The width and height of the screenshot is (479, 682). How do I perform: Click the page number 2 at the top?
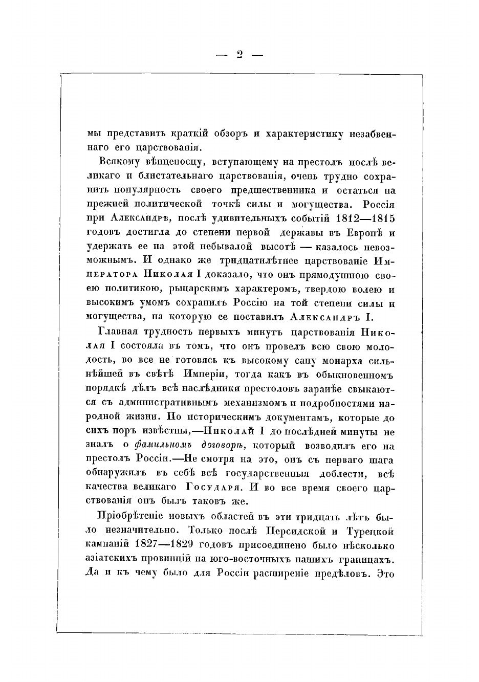click(239, 54)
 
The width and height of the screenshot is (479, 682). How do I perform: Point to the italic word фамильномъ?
click(164, 446)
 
